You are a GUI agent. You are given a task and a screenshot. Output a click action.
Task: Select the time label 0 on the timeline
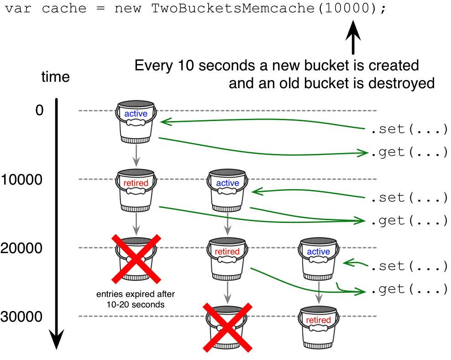tap(40, 111)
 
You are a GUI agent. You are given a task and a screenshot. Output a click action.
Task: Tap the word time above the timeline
tap(55, 77)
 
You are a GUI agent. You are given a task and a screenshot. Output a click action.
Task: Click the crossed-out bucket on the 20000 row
tap(136, 259)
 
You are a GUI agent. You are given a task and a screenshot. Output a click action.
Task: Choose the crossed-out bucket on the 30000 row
tap(227, 327)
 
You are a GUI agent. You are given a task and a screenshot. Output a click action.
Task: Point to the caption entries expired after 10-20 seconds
tap(136, 299)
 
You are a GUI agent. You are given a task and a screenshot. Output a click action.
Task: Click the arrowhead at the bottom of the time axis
tap(56, 340)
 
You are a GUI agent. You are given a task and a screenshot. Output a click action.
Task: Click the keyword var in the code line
tap(18, 10)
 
